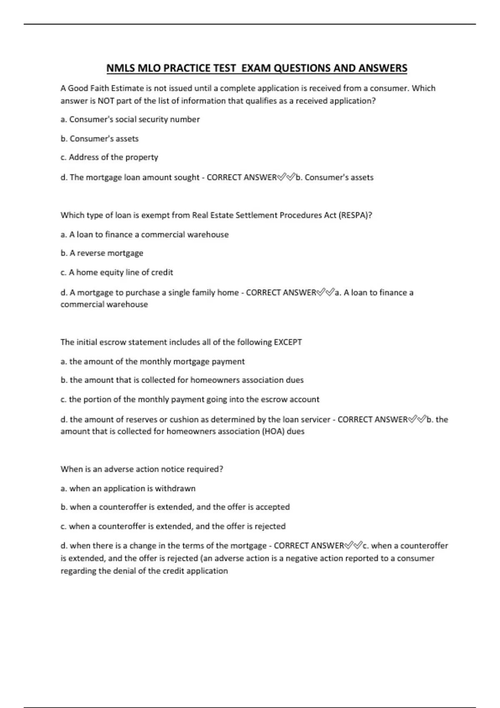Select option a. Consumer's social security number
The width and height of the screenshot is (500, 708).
(x=130, y=120)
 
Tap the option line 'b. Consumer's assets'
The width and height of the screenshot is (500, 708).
(x=100, y=139)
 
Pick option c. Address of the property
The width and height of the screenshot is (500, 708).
(x=109, y=157)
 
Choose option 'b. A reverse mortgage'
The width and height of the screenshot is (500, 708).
(x=102, y=253)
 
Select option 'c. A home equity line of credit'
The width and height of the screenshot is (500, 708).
(x=117, y=272)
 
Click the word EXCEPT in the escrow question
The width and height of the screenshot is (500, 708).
(x=287, y=342)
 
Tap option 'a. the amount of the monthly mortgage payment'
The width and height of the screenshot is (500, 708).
(x=152, y=361)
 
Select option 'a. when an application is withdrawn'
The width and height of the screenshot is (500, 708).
(x=128, y=489)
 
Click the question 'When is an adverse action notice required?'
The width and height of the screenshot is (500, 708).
(x=142, y=469)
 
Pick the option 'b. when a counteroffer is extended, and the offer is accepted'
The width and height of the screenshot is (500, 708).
(x=175, y=507)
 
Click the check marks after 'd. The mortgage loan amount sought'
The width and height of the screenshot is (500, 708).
(x=286, y=177)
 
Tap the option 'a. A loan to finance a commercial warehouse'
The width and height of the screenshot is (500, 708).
(x=145, y=234)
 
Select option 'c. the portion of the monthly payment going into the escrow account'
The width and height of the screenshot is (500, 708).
(x=190, y=399)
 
